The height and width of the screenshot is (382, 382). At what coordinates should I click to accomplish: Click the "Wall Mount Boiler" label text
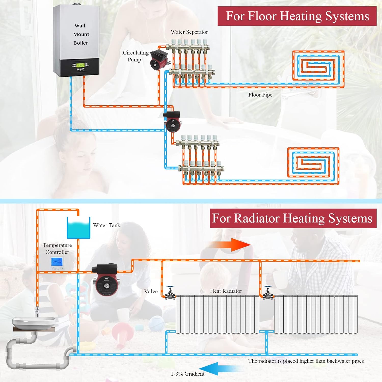81,34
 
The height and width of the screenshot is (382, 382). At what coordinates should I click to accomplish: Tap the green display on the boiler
80,65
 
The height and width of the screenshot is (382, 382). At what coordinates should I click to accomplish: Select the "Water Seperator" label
189,32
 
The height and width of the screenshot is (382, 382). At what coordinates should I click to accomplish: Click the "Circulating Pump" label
135,56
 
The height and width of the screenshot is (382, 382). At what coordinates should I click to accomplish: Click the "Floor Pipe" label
260,95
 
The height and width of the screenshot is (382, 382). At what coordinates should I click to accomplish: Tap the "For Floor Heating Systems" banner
297,16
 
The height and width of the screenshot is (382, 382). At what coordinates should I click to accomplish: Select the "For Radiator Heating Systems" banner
293,218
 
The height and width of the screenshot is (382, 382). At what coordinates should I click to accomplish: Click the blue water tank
78,228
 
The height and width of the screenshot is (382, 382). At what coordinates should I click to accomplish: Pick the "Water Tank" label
106,225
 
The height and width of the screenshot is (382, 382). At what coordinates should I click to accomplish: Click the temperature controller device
57,263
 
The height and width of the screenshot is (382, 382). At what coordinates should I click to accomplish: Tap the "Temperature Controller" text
57,249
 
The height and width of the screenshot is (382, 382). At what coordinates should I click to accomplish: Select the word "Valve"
151,291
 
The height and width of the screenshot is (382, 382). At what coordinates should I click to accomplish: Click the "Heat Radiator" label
226,291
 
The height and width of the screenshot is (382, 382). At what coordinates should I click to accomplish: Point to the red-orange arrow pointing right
228,245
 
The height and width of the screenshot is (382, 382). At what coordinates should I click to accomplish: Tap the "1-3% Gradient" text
188,374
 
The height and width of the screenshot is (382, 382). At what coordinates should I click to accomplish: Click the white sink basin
34,322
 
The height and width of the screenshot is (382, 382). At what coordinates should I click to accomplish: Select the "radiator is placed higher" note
306,361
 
